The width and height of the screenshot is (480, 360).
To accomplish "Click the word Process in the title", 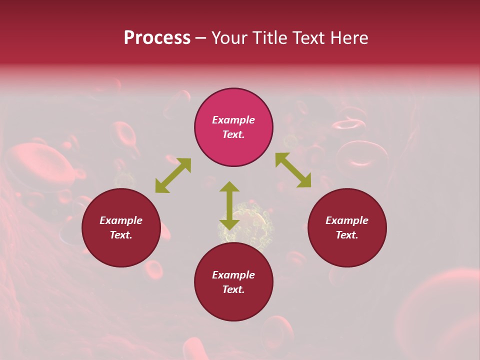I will click(x=157, y=38).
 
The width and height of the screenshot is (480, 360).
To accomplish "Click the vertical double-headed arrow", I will click(x=229, y=205).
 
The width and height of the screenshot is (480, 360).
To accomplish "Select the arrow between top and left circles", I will click(x=173, y=175).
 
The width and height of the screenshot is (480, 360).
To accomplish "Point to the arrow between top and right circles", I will click(x=293, y=170).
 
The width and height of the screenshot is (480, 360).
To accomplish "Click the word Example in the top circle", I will click(x=233, y=120).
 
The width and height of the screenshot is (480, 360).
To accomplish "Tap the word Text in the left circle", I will click(x=120, y=235).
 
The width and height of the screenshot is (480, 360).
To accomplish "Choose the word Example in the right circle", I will click(x=347, y=220).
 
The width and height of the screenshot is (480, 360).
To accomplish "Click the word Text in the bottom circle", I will click(x=233, y=289).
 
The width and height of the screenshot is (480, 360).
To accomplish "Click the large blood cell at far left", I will click(x=40, y=165).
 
